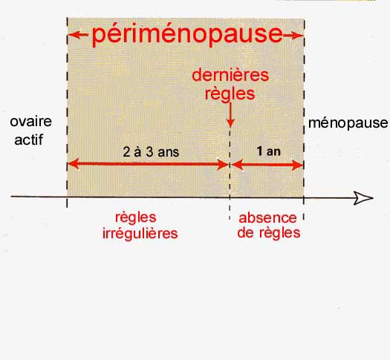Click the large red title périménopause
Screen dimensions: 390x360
point(187,35)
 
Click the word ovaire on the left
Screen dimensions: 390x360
point(31,122)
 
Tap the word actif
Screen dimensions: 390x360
point(29,140)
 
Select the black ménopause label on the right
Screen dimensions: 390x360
point(348,123)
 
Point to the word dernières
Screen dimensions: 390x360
point(230,75)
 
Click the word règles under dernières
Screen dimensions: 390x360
point(230,94)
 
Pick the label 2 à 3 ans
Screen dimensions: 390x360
point(151,152)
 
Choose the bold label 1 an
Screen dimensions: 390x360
point(269,151)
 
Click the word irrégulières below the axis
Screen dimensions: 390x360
point(140,233)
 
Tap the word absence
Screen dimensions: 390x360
point(267,218)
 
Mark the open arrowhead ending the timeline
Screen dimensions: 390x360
point(363,198)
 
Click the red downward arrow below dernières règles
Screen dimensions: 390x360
point(230,115)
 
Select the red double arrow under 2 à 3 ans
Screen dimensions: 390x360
point(149,164)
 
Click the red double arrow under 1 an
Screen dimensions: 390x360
point(267,165)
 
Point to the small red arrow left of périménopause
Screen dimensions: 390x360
point(78,35)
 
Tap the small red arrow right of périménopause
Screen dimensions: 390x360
point(293,36)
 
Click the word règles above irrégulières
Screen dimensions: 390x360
point(136,218)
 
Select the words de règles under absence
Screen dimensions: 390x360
point(269,233)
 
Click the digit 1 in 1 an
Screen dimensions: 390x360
point(259,151)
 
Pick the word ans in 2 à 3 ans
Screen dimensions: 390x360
point(169,152)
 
